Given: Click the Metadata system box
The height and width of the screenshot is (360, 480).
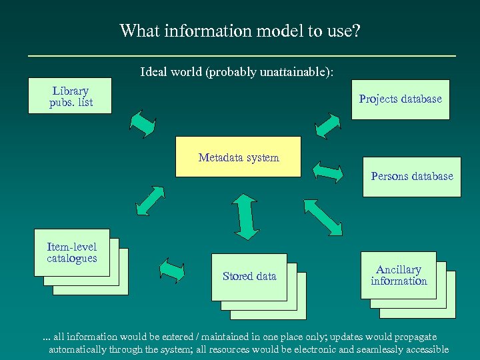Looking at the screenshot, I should [x=238, y=157].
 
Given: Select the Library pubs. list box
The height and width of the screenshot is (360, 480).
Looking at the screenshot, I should [x=70, y=97].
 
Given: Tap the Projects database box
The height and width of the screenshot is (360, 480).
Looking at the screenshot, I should [x=400, y=99].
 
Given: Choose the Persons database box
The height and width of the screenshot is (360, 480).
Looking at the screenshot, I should [x=411, y=177].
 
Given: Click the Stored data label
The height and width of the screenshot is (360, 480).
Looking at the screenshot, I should [x=249, y=276].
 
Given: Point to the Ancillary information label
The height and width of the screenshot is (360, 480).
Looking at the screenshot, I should [x=399, y=275].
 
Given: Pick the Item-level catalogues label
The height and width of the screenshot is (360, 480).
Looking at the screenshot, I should [x=72, y=253].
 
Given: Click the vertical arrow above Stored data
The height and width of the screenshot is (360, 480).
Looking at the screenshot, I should [x=247, y=216].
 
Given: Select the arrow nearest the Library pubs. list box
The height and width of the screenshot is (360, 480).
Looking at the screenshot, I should [x=143, y=123].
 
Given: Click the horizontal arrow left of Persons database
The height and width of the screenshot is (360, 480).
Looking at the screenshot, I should [x=328, y=171].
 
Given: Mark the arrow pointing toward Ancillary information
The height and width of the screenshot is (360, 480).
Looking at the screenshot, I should [x=323, y=217].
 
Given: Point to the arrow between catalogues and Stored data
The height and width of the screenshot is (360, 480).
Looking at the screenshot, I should [x=172, y=270].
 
